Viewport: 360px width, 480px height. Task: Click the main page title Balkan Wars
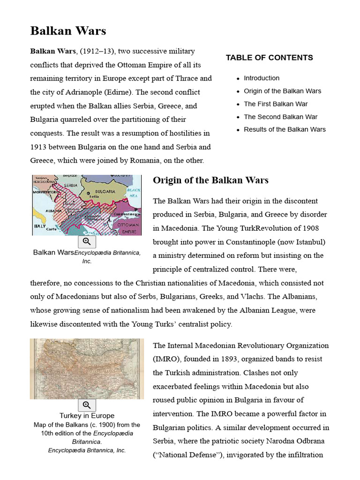pos(68,31)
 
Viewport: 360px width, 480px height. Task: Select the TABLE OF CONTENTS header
pos(269,58)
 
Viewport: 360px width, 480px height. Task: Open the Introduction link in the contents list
pos(261,78)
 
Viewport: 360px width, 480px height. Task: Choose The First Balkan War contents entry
pos(276,104)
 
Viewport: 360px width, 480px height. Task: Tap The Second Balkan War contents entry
pos(280,117)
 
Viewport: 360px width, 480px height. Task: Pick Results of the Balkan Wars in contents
pos(285,129)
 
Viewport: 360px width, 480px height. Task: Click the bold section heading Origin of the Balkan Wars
pos(210,180)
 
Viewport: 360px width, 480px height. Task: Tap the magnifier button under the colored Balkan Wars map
pos(87,241)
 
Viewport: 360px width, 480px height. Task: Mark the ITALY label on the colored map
pos(39,226)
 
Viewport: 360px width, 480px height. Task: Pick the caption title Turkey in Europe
pos(87,416)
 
